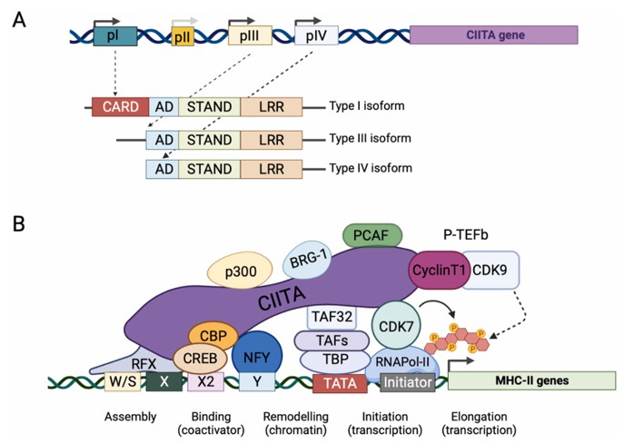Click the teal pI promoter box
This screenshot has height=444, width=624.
point(114,35)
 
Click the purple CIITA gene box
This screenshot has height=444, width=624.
point(494,35)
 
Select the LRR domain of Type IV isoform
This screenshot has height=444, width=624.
point(271,169)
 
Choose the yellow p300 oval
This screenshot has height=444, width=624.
point(238,271)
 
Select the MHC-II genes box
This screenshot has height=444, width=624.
point(522,380)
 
